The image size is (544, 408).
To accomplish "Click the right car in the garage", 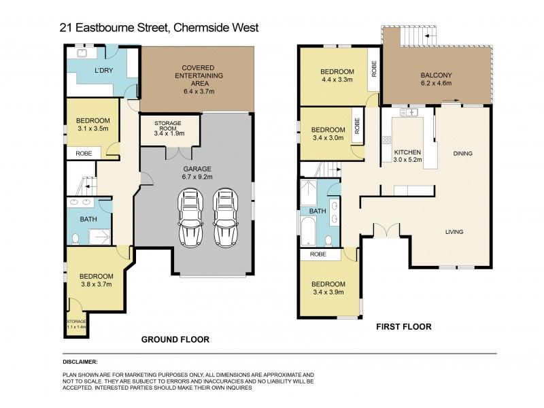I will (x=225, y=218).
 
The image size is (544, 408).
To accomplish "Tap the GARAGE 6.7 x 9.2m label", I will (x=196, y=173).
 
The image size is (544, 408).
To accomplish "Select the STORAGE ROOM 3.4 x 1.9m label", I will (x=167, y=129).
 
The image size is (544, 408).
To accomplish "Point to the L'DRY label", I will (x=103, y=70).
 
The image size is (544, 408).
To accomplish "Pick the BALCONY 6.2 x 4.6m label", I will (x=436, y=80).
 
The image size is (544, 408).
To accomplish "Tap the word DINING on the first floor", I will (x=463, y=154).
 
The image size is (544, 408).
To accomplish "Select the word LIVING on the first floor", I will (x=454, y=232).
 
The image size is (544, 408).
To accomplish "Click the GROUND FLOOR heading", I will (x=175, y=339).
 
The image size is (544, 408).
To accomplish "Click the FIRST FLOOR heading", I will (x=404, y=326).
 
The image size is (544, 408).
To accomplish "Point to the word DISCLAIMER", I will (x=80, y=362).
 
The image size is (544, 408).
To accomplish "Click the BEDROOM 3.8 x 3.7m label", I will (x=95, y=279).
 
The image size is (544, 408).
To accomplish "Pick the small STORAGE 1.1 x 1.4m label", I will (x=76, y=324).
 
